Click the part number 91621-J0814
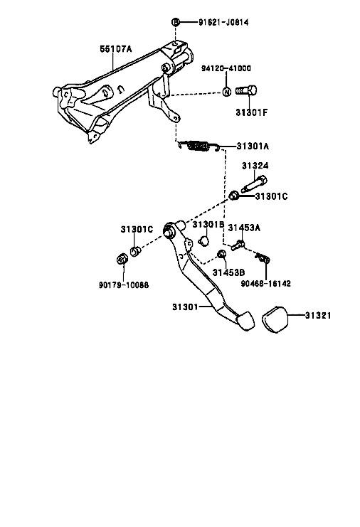[223, 23]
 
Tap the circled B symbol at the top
[176, 22]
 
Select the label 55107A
[116, 49]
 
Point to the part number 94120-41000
[226, 68]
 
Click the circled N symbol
[227, 92]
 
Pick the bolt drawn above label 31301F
[246, 91]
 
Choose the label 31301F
[251, 112]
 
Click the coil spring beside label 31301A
[199, 146]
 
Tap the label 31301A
[253, 147]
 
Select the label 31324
[255, 166]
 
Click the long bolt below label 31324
[254, 184]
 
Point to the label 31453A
[244, 228]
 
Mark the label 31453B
[228, 272]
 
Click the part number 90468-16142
[266, 284]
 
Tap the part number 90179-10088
[124, 285]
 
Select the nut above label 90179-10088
[122, 259]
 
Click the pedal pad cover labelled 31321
[275, 319]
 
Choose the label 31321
[318, 316]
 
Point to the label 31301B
[208, 225]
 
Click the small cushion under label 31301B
[203, 240]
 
